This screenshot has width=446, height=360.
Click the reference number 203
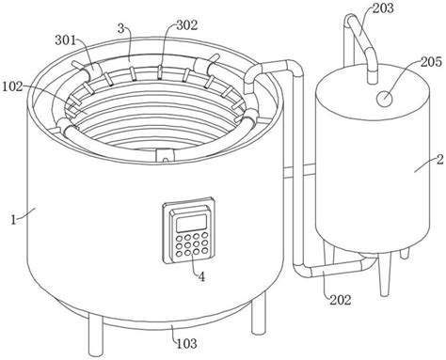[383, 8]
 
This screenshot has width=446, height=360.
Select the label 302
[187, 25]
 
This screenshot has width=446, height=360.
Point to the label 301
[66, 40]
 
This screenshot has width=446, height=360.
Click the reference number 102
[13, 86]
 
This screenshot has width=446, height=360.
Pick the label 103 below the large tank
[186, 344]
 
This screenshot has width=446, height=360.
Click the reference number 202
[341, 300]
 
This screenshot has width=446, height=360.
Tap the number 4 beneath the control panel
[201, 277]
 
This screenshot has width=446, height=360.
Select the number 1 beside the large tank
[13, 220]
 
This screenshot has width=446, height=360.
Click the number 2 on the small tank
[440, 160]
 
